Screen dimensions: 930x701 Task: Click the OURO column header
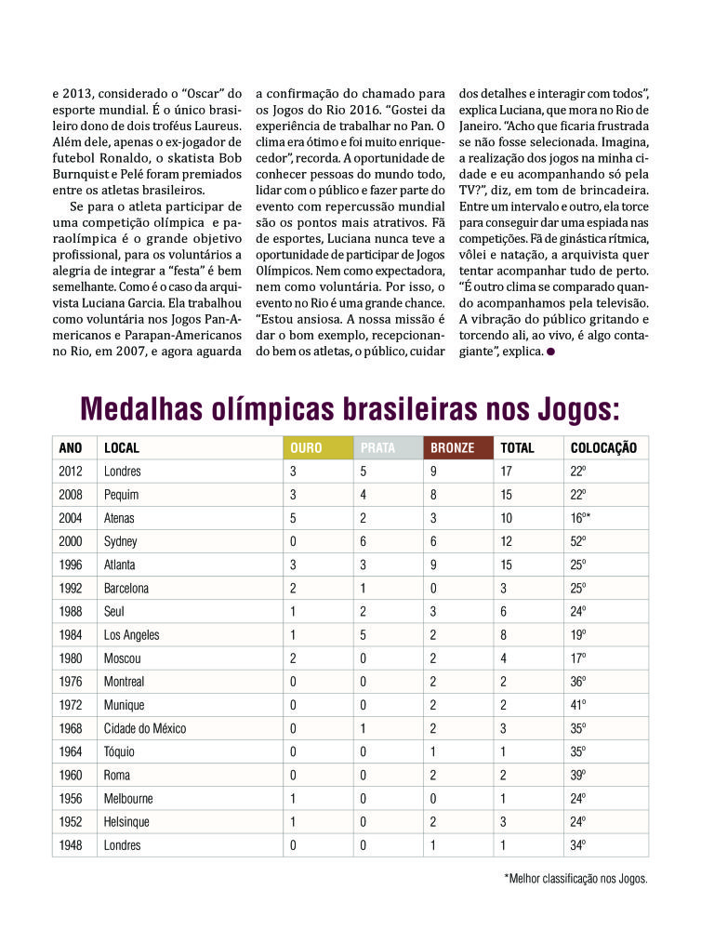pos(306,447)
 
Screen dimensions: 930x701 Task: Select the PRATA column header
pos(377,447)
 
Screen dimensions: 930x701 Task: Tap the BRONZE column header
pos(453,447)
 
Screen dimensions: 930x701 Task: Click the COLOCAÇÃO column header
pos(603,447)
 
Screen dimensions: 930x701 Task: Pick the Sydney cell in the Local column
pos(123,541)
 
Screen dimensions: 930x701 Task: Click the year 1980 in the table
pos(71,658)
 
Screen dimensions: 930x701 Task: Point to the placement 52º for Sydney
pos(578,541)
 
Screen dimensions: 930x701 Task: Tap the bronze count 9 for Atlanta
pos(433,565)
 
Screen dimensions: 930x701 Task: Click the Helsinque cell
pos(128,822)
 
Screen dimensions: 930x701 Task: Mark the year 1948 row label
pos(71,845)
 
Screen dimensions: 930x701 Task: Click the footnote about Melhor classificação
pos(575,877)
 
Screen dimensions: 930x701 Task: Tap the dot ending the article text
pos(551,352)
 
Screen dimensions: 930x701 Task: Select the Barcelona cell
pos(126,588)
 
